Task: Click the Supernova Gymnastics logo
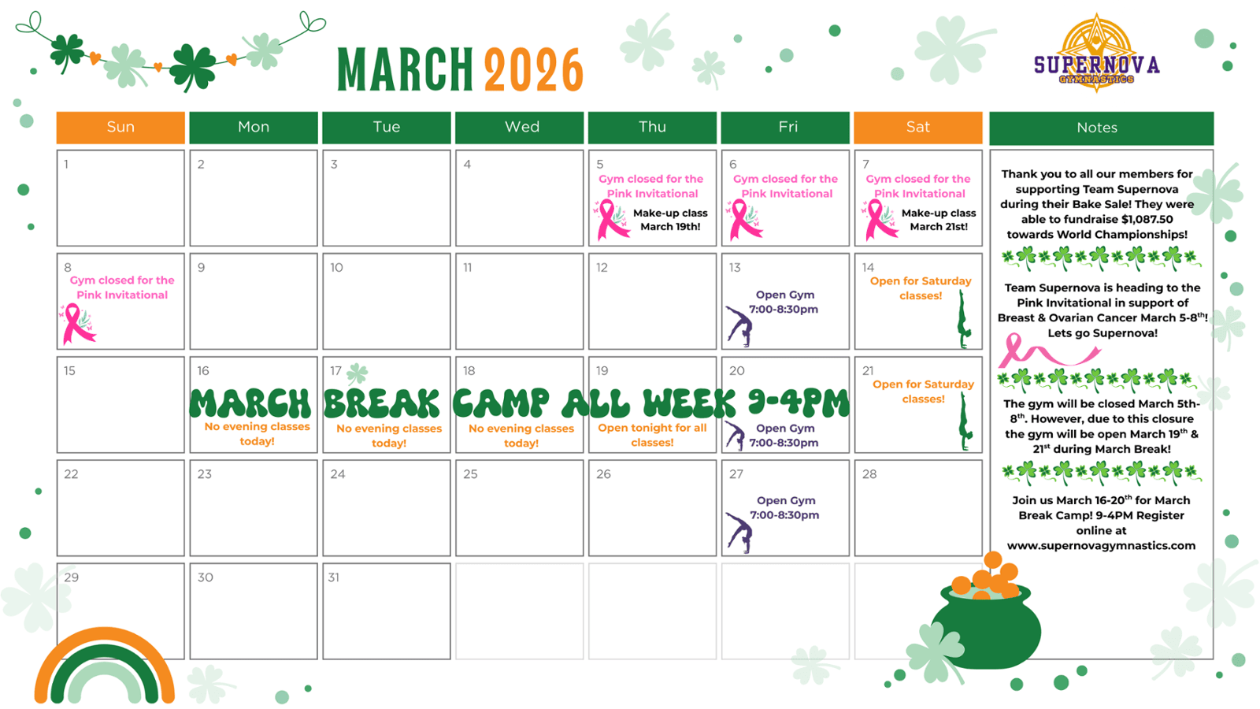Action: (1096, 54)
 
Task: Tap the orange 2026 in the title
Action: (533, 69)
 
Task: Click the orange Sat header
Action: (918, 127)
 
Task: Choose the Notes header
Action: (1101, 128)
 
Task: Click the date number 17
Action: (335, 371)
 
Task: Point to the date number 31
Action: (334, 577)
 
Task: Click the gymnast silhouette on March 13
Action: (739, 326)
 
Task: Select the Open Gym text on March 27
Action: (786, 500)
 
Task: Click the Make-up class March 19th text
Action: (670, 220)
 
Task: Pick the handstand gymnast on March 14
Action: (964, 320)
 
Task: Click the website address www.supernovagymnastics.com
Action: (1101, 546)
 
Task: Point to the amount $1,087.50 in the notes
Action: (1147, 220)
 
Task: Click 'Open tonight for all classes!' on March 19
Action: (652, 435)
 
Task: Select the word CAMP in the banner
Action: (501, 403)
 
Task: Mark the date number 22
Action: (71, 474)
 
